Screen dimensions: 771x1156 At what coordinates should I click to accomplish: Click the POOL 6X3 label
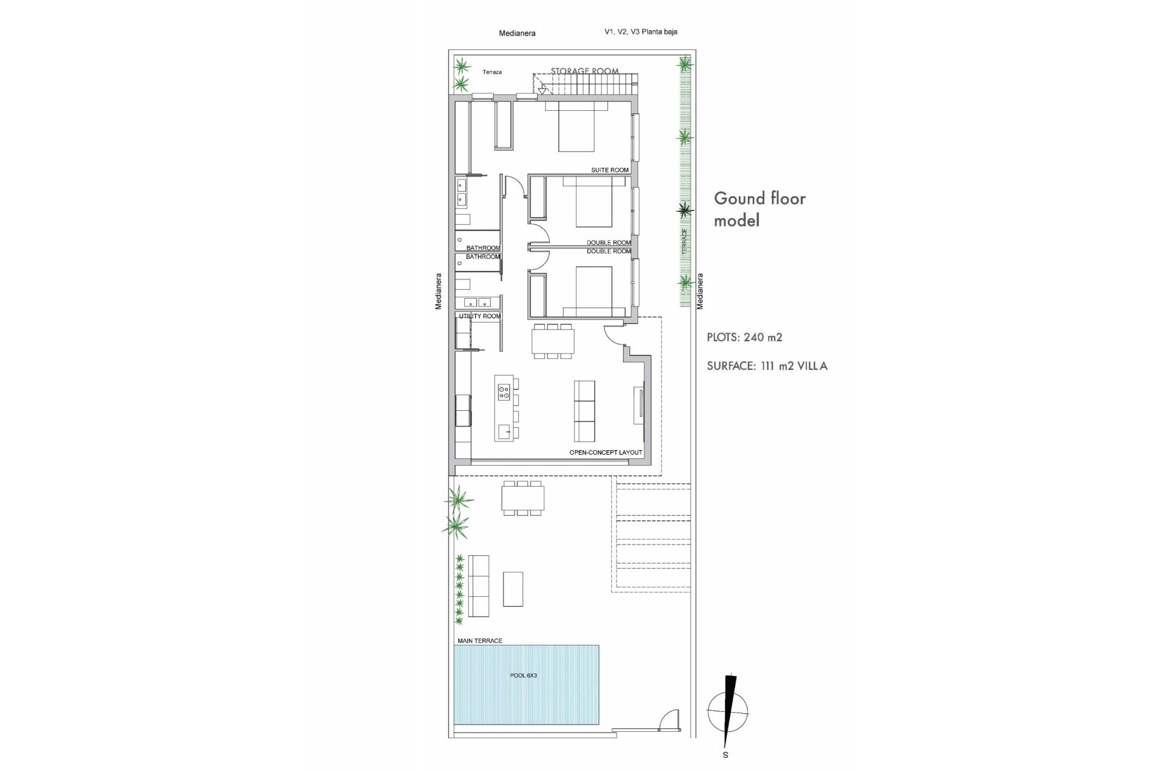(523, 675)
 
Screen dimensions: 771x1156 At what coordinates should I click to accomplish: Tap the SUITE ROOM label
(609, 170)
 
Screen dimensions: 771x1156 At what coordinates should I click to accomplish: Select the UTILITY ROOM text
(480, 316)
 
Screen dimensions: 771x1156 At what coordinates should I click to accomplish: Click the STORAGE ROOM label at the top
(585, 71)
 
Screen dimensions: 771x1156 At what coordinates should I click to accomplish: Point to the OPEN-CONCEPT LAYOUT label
(606, 452)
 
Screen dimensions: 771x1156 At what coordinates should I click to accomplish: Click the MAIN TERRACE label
(480, 641)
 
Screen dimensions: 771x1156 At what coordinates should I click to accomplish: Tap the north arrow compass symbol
(729, 711)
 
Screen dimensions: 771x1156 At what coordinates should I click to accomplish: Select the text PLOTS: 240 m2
(745, 337)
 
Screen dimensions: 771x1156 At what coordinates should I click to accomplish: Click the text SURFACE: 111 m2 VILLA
(767, 366)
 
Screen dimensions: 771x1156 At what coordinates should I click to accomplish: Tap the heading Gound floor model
(759, 209)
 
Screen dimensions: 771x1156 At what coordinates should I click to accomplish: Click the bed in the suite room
(577, 134)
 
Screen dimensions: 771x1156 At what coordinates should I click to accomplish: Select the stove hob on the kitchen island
(504, 392)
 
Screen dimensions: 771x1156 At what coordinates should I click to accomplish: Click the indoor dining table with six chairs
(553, 342)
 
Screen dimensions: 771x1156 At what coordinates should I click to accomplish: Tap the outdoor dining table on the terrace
(523, 498)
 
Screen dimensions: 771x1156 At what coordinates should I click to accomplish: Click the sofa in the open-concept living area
(584, 411)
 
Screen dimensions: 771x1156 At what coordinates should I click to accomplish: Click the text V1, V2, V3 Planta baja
(641, 32)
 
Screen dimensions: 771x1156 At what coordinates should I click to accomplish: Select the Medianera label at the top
(517, 34)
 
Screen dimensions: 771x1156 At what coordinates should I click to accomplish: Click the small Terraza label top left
(492, 72)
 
